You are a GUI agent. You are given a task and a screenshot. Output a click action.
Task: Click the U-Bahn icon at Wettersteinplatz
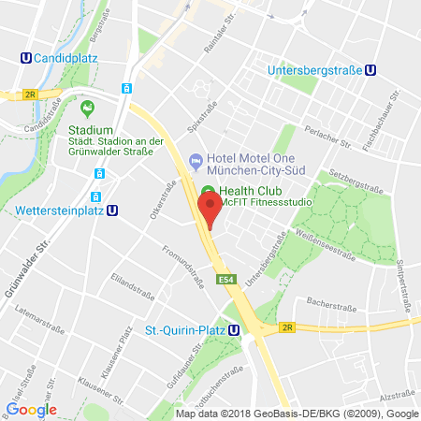(112, 210)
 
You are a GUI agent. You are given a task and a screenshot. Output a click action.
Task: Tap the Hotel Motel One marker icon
(195, 162)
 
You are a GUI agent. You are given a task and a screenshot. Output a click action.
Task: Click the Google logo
(31, 409)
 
